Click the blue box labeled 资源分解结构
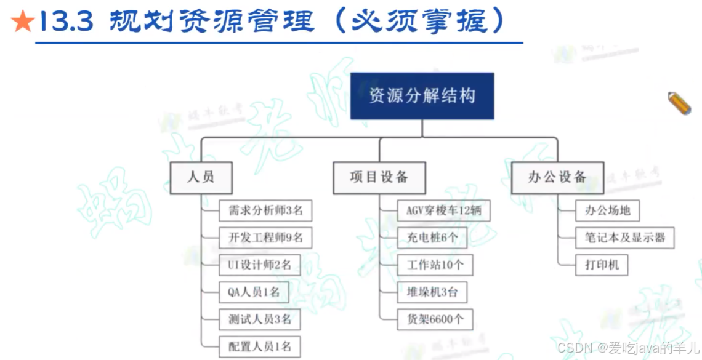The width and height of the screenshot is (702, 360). coord(422,96)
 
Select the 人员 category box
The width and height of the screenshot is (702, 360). coord(201,177)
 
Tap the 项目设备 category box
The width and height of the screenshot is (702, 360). coord(379,177)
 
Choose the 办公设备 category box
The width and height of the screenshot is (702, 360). coord(557,177)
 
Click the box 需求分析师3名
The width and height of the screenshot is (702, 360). coord(265,210)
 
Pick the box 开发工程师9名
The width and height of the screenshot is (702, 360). coord(265,237)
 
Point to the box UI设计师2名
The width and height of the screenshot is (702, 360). coord(256,265)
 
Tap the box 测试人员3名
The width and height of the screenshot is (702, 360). coord(259,319)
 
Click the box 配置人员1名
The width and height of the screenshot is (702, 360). coord(259,346)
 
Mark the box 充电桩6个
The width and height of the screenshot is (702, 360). coord(432,237)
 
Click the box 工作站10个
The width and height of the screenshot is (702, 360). coord(435,265)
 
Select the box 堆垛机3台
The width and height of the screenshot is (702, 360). coord(432,292)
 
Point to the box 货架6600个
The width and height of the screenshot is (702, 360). coord(435,319)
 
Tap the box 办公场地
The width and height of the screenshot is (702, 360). coord(607,210)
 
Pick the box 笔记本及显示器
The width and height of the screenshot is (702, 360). coord(624,238)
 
